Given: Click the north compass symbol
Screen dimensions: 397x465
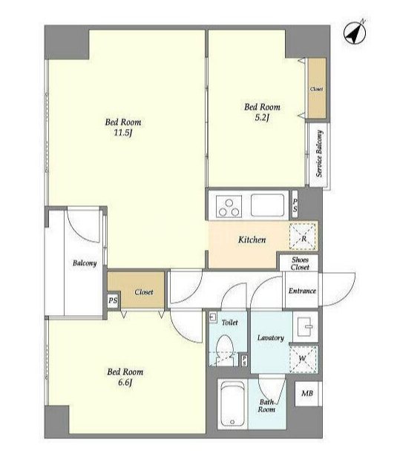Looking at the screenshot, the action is point(355,33).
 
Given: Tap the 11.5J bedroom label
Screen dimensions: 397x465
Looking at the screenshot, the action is point(123,128).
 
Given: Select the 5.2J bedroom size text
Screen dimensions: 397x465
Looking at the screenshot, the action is point(262,118).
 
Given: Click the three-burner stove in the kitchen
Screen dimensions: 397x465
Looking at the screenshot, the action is point(229,206).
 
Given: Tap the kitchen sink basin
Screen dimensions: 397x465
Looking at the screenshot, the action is point(267,205).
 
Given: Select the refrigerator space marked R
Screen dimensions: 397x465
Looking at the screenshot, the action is point(303,237).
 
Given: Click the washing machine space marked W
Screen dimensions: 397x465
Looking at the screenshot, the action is point(303,359).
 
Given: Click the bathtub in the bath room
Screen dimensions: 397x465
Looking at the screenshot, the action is point(232,404).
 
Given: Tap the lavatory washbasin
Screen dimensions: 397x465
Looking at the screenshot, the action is point(305,326).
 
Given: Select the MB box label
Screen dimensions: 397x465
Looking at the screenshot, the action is point(307,394).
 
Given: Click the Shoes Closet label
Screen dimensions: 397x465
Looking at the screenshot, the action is point(300,263).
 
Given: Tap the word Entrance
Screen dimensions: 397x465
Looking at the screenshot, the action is point(302,291).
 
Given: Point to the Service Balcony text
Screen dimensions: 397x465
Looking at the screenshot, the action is point(319,154).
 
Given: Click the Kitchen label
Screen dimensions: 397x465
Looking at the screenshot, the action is point(252,240).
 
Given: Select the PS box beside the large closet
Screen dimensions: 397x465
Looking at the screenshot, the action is point(113,300).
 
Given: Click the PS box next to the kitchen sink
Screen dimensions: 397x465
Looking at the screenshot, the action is point(295,205).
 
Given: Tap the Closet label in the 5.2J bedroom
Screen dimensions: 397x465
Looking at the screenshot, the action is point(317,89).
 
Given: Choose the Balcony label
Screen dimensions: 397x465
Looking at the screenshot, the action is point(85,263).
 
